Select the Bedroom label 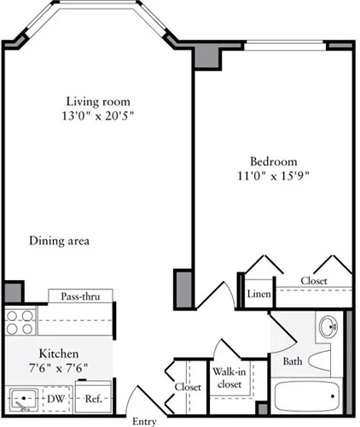[273, 161]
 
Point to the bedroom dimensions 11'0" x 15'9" [273, 177]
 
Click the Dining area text [59, 241]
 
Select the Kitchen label [59, 354]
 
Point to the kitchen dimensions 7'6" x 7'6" [59, 369]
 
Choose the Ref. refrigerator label [93, 398]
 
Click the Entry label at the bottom [144, 421]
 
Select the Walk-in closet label [227, 378]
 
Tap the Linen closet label [258, 295]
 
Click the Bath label [292, 361]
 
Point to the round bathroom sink [328, 326]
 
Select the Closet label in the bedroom [313, 280]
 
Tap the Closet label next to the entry [189, 387]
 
